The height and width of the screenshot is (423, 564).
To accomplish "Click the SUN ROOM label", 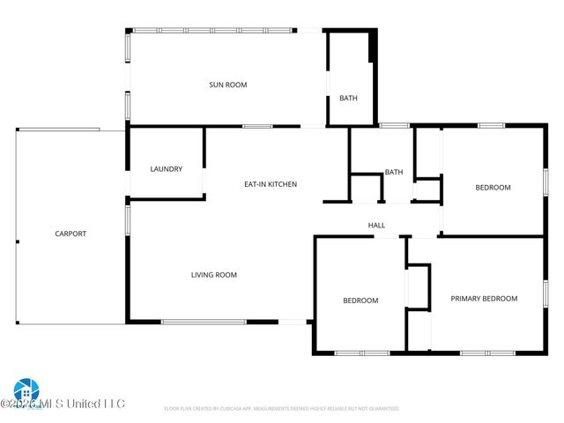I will click(227, 85).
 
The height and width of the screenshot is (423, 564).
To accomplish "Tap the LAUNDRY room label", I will click(166, 169).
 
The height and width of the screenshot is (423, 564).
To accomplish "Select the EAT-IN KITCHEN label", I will click(271, 184).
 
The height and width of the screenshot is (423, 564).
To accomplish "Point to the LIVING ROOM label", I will click(214, 275).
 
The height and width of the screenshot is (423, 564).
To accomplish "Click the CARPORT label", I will click(70, 234).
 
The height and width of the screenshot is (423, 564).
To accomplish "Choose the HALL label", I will click(377, 226).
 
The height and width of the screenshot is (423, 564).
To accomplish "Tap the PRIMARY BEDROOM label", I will click(484, 299).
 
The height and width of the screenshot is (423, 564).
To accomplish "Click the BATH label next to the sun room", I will click(348, 98).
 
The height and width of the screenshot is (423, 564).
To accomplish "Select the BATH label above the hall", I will click(394, 172).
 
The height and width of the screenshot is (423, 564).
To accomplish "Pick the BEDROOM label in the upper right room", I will click(493, 187).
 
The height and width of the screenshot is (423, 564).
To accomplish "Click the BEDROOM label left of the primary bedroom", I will click(360, 301).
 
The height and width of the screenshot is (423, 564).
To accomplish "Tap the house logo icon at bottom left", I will click(26, 389).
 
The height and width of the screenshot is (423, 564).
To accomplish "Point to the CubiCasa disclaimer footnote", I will click(282, 409).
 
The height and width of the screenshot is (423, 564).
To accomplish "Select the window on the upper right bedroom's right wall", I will click(545, 181).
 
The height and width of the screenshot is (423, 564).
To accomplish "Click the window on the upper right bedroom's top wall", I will click(491, 126).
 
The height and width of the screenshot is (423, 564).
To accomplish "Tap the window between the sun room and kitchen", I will click(257, 127).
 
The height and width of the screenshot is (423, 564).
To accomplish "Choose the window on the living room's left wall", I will click(128, 220).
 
